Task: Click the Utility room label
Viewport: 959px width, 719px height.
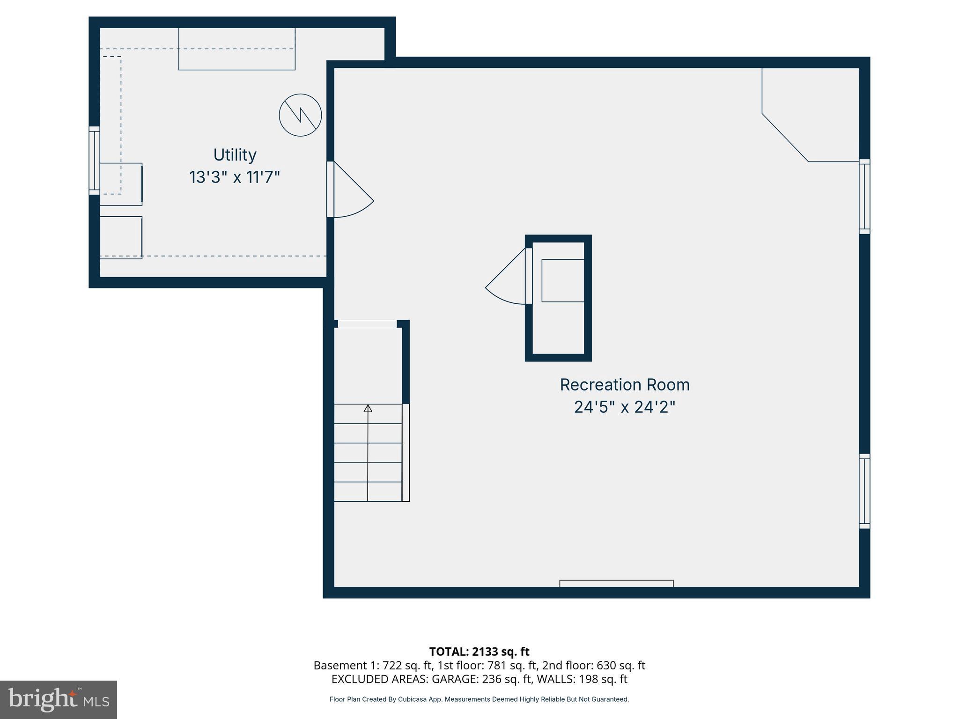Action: (x=235, y=155)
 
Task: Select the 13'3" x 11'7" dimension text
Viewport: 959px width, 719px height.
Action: (x=235, y=177)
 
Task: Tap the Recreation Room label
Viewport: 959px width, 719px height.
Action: (x=625, y=385)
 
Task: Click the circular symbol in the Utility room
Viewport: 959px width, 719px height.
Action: (x=300, y=115)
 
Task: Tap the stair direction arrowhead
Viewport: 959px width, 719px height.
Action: (x=368, y=409)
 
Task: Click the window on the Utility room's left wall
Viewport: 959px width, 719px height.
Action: (x=95, y=161)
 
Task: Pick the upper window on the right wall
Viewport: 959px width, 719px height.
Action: (x=864, y=197)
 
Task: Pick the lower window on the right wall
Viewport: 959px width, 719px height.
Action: (x=864, y=491)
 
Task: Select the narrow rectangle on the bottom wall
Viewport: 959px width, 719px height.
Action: (x=616, y=583)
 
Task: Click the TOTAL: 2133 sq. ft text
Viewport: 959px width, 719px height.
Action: (x=479, y=652)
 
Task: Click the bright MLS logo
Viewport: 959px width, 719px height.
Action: (x=59, y=699)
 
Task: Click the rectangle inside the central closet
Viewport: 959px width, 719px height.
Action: (x=563, y=280)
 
